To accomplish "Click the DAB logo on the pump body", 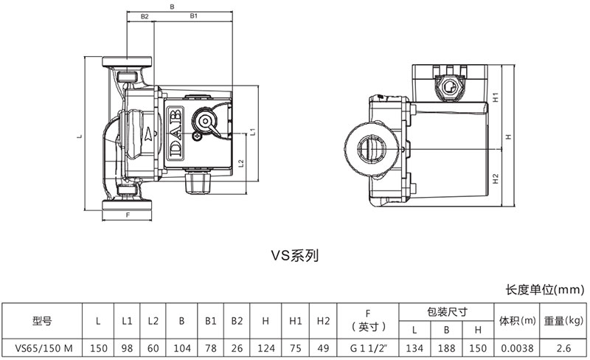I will (176, 134).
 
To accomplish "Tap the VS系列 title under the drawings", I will (294, 257).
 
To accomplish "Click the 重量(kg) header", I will (563, 321).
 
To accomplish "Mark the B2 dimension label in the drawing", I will (145, 15).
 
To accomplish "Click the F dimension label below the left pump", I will (128, 215).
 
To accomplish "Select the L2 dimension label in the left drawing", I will (241, 163).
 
